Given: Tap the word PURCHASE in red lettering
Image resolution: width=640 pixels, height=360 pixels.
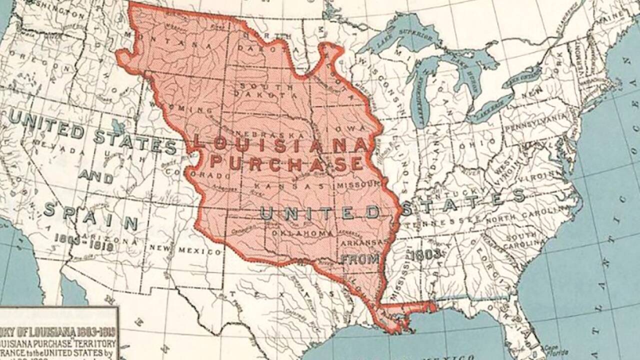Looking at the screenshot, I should [285, 163].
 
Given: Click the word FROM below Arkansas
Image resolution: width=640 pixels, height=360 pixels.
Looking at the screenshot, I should [360, 259].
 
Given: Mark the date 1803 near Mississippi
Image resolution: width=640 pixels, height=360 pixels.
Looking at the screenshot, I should [425, 254].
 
